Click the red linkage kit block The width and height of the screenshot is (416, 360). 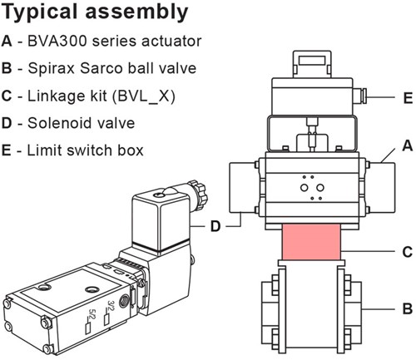(312, 242)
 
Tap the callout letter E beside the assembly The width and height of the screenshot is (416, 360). (406, 98)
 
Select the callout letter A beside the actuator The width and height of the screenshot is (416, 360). (406, 145)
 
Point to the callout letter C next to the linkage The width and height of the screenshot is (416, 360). (406, 250)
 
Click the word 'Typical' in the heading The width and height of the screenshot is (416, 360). (43, 12)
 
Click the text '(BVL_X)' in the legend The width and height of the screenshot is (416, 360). (155, 96)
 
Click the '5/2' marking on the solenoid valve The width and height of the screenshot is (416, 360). (91, 315)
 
